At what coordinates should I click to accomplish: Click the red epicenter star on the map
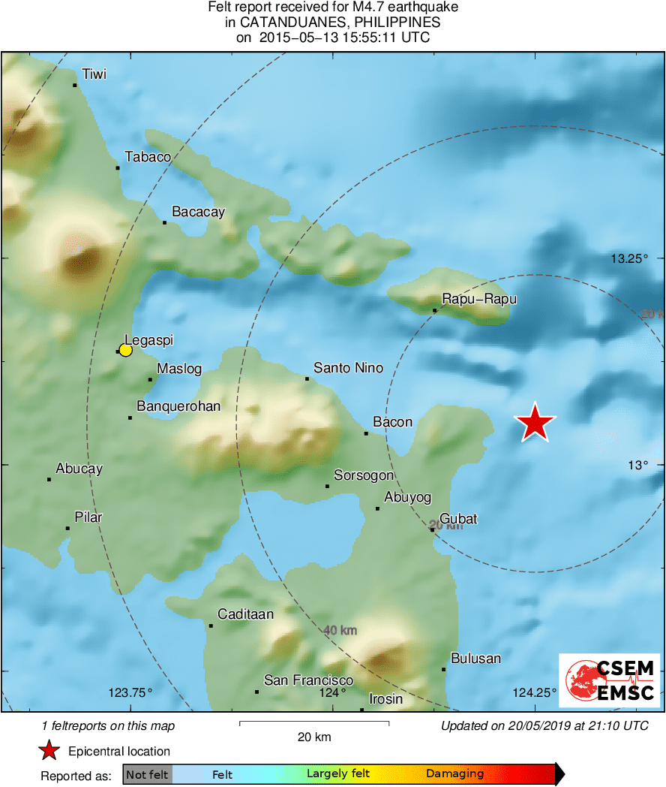point(535,422)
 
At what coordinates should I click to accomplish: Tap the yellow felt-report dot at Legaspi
point(125,350)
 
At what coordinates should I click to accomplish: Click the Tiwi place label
point(94,74)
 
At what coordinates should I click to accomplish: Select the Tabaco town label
point(148,157)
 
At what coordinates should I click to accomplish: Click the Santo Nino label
point(348,368)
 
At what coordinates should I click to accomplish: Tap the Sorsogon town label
point(364,475)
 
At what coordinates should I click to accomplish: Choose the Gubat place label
point(458,519)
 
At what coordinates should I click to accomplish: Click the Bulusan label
point(475,659)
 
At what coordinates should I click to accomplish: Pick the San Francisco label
point(308,680)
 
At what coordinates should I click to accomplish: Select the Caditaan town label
point(245,614)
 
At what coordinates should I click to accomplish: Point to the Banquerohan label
point(178,406)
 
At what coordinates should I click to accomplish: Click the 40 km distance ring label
point(340,630)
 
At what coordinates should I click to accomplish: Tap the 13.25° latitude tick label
point(628,259)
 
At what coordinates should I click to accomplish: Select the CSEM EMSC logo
point(609,680)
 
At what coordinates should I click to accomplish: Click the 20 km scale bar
point(313,723)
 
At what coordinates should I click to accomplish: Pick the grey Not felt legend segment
point(147,774)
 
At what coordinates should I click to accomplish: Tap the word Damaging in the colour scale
point(454,774)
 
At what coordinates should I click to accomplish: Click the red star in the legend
point(49,750)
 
